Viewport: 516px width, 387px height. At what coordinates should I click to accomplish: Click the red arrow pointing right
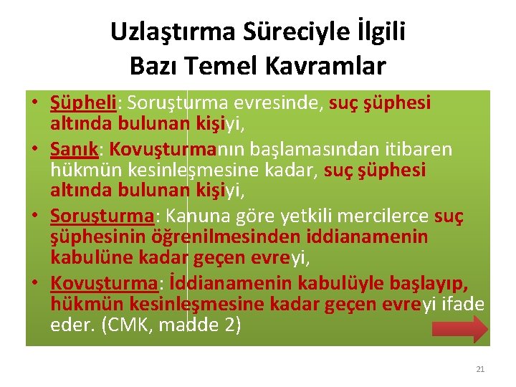pyautogui.click(x=459, y=328)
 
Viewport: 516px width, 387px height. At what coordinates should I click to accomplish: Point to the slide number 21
pyautogui.click(x=480, y=369)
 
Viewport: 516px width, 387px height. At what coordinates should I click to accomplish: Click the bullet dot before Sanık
pyautogui.click(x=34, y=149)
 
